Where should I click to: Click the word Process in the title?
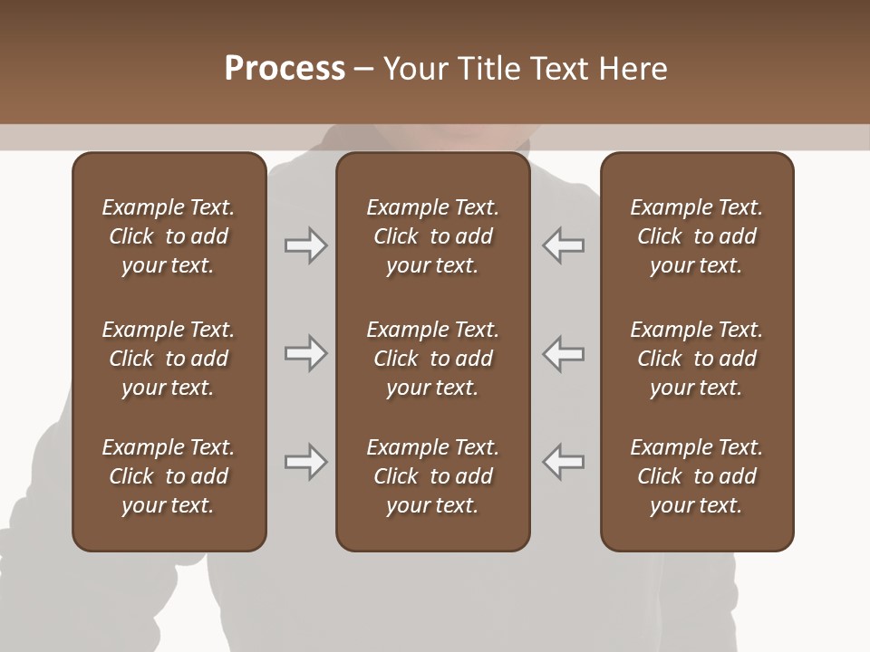(x=285, y=69)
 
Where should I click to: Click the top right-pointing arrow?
(x=305, y=245)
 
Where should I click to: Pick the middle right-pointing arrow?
(x=305, y=353)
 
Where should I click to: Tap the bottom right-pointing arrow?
(x=305, y=462)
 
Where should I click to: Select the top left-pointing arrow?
(x=563, y=245)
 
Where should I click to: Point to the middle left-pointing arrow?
(x=563, y=353)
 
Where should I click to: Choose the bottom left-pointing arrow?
(x=563, y=462)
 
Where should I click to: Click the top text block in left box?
(x=169, y=236)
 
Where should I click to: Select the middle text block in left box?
(x=169, y=359)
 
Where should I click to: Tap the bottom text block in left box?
(x=169, y=476)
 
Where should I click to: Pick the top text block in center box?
(x=432, y=236)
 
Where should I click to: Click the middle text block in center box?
(x=432, y=359)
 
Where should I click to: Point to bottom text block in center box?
(x=432, y=476)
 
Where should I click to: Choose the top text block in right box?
(x=696, y=236)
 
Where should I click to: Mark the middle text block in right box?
(x=696, y=359)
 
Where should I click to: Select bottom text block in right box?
(x=696, y=476)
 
